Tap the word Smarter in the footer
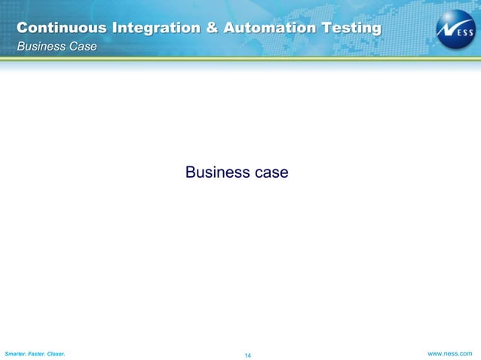(x=17, y=353)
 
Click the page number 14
(x=247, y=355)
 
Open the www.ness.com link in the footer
(x=450, y=352)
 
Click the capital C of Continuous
(x=23, y=29)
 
